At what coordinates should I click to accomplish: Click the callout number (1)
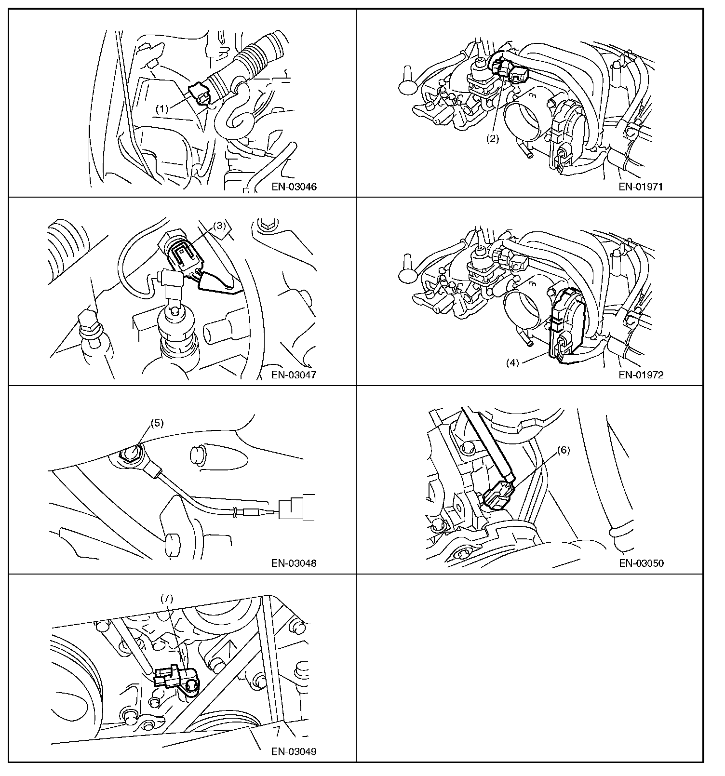(162, 109)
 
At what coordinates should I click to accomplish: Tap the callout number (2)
(492, 139)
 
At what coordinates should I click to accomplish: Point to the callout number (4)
(512, 363)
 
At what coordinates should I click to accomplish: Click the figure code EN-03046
(294, 187)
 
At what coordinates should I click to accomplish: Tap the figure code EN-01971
(641, 187)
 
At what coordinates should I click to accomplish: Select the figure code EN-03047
(294, 375)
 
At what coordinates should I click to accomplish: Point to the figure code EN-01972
(641, 375)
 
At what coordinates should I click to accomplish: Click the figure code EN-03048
(294, 562)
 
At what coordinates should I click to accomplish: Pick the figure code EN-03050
(641, 562)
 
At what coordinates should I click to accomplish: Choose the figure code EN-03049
(294, 751)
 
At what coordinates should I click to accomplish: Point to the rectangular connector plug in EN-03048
(297, 508)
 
